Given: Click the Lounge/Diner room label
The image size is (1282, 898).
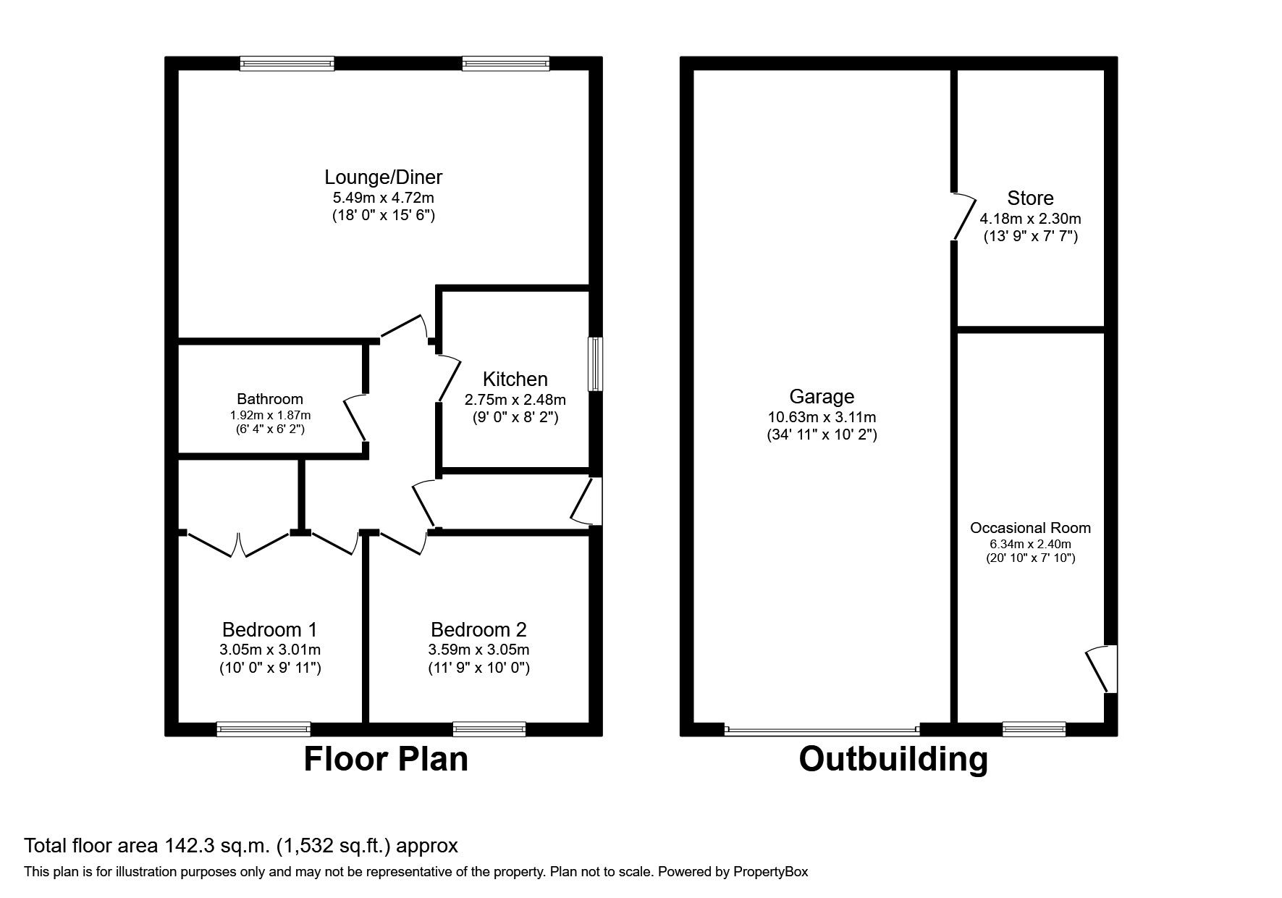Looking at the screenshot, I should tap(383, 177).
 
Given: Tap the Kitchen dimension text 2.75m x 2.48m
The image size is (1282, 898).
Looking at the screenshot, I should tap(515, 400).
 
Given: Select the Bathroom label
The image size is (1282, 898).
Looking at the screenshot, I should tap(270, 399).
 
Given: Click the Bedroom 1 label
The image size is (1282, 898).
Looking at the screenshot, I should tap(269, 629).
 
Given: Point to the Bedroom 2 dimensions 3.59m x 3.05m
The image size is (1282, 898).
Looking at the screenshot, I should tap(478, 650).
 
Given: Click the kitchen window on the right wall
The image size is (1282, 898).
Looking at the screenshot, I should tap(595, 364).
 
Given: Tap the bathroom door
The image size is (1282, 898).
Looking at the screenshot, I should tap(355, 419).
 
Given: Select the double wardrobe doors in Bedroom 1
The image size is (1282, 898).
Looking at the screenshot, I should tap(239, 544).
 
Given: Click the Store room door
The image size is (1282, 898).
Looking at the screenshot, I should tap(963, 217).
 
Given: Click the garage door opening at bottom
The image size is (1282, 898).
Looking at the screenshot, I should tap(822, 729).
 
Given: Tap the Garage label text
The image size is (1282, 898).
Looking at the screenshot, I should tap(822, 397).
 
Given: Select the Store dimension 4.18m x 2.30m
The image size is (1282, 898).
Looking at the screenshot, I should tap(1030, 219).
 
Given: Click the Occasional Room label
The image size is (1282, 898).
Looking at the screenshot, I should tap(1030, 529).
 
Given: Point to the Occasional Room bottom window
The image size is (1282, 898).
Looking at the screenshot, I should tap(1034, 729).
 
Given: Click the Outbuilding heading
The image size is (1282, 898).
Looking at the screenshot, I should tap(893, 760).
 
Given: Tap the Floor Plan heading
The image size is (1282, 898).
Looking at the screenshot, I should tap(386, 760).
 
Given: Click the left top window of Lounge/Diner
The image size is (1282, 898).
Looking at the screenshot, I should tap(287, 64).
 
